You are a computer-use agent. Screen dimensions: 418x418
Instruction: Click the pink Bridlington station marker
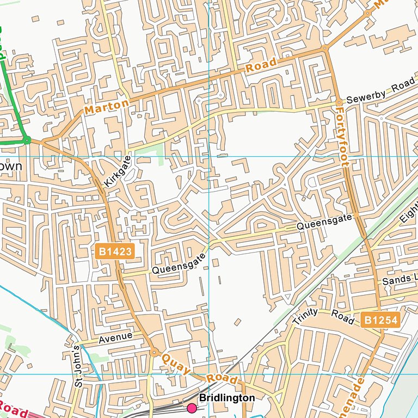coord(192,408)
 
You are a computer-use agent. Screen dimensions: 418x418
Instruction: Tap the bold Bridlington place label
coord(226,398)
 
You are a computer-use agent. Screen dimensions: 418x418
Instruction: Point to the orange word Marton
coord(107,107)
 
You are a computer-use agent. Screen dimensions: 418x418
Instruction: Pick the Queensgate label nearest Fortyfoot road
coord(325,222)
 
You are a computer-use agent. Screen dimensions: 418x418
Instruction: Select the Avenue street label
coord(115,338)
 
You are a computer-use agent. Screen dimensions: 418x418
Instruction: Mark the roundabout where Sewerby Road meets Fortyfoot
coord(339,102)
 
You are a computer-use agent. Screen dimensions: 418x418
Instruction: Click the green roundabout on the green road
coord(27,140)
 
